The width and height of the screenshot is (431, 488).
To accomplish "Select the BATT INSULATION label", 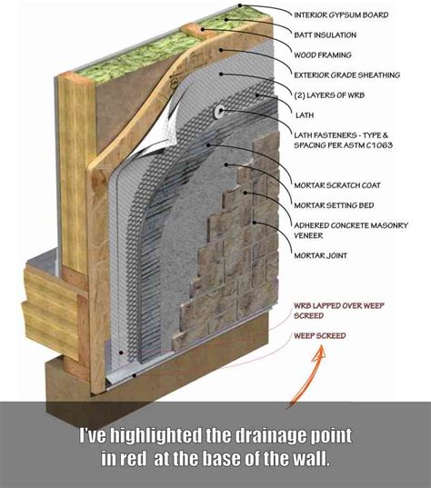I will coord(325,35).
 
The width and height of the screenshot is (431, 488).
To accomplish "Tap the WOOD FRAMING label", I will coord(323,55).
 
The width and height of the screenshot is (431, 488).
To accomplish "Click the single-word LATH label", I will coord(303,115).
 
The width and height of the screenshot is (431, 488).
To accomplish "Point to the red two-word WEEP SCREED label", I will coord(319,336).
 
